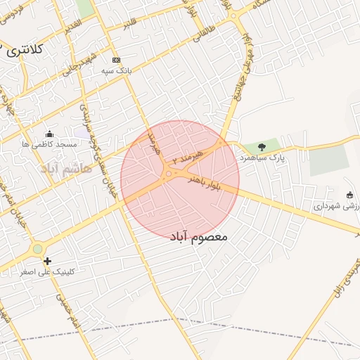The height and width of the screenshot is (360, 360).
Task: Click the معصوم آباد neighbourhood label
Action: (x=199, y=237)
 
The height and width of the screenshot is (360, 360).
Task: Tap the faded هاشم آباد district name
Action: (x=67, y=169)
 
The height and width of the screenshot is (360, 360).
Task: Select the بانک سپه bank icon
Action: (x=116, y=60)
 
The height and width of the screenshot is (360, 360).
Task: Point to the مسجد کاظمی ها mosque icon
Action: (x=49, y=134)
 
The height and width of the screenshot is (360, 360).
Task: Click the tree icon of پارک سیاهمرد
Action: (x=262, y=147)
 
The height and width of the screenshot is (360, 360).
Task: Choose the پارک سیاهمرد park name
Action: (x=262, y=158)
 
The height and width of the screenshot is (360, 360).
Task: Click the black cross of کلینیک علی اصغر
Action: (x=47, y=261)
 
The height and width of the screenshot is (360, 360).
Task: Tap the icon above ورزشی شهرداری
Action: (x=350, y=195)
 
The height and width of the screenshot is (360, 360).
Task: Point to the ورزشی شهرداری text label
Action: (x=337, y=206)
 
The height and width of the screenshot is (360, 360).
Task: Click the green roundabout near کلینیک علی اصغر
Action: (x=37, y=249)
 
